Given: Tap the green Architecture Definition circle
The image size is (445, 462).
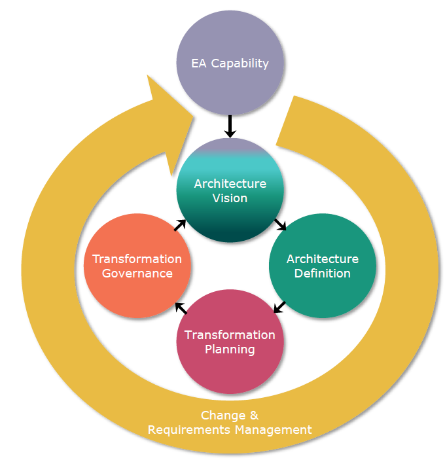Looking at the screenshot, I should point(323,288).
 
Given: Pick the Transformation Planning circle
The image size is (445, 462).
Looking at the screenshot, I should point(230,366).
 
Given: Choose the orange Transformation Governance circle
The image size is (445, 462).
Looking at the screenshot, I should point(137,288).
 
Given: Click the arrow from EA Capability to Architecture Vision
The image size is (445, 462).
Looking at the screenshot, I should point(230,126).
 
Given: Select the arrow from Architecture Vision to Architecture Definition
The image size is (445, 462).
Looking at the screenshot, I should point(281,224).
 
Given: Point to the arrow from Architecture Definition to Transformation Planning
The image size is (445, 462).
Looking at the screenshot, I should point(279,306).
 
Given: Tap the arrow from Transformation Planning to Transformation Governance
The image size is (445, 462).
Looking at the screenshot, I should point(181,307).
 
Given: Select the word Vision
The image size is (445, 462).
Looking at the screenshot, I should point(230,198).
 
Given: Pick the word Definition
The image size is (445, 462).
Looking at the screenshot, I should point(323,274).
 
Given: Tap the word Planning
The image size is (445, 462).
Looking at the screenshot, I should point(230,349).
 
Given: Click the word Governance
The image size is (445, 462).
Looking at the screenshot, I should point(137,274).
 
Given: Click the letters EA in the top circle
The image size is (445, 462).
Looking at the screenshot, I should point(200,64).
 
